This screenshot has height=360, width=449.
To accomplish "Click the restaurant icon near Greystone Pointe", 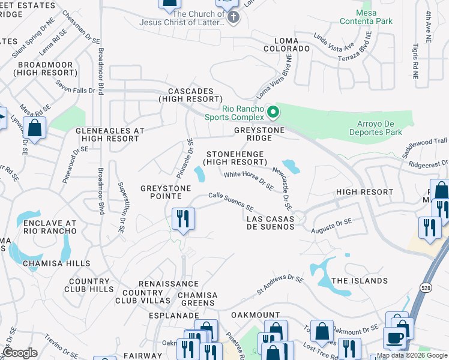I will click(x=182, y=218).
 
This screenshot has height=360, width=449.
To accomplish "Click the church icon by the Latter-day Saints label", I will click(x=234, y=18).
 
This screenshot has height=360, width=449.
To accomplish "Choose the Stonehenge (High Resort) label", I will click(x=234, y=158).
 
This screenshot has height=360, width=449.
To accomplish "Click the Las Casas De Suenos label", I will click(x=271, y=223).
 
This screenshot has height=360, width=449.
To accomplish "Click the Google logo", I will click(x=20, y=353).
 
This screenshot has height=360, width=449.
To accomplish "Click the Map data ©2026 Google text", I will click(x=412, y=355).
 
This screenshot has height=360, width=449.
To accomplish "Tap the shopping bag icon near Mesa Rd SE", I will click(x=35, y=128).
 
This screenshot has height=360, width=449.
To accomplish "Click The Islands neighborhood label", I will click(x=360, y=281).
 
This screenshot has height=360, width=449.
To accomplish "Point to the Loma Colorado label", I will click(x=287, y=48).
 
